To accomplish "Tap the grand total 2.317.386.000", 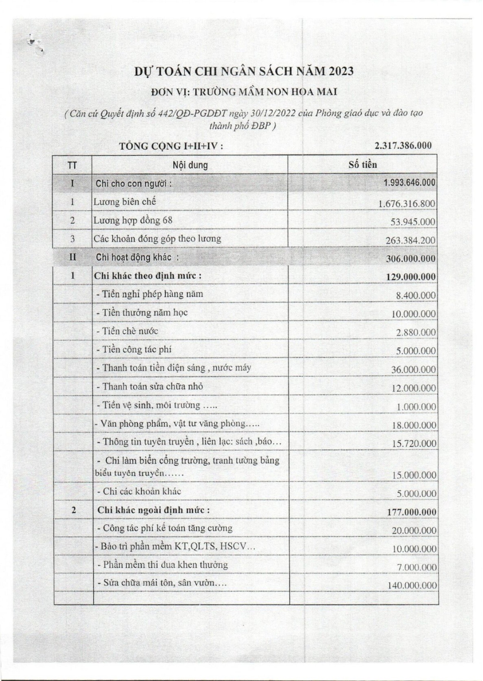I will click(403, 146).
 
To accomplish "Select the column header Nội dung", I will click(190, 165).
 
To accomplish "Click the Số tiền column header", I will click(362, 164).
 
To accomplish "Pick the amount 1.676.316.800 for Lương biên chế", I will click(407, 203).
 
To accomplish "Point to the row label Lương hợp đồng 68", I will click(133, 221).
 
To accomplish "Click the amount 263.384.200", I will click(410, 241).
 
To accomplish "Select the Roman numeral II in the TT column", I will click(73, 257).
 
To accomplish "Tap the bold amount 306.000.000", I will click(410, 259).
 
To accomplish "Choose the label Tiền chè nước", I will click(127, 331).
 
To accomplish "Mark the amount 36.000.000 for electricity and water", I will click(413, 370).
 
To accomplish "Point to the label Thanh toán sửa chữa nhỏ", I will click(150, 387).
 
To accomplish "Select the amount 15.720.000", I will click(413, 444).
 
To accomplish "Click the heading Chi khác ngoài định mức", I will click(154, 510).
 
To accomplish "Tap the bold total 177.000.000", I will click(411, 512).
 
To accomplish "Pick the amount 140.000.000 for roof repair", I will click(412, 586).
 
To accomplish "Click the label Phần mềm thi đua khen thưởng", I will click(163, 565).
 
